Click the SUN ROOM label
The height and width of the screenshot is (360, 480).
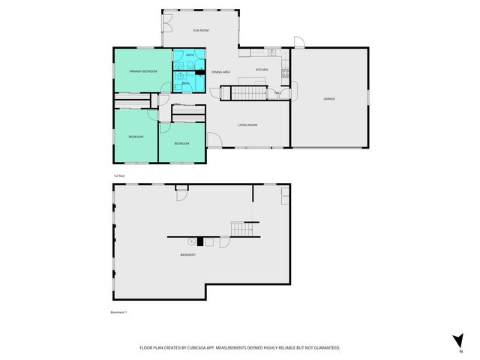pos(200,30)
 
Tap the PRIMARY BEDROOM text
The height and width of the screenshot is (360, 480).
pos(142,70)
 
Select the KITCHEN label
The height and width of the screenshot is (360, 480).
pos(262,70)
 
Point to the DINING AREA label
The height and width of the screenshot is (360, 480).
pos(220,72)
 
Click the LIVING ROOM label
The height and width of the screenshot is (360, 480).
pos(248,124)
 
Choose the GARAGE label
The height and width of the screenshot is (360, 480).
pos(328,98)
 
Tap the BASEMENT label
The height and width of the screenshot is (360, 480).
pos(187,255)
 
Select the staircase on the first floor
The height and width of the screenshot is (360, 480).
pos(248,93)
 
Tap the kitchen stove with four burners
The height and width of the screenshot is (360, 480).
pos(285,73)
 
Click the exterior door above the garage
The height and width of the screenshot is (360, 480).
pos(298,42)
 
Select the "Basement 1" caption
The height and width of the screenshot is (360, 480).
pos(119,312)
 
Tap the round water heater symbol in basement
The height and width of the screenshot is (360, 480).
pos(192,241)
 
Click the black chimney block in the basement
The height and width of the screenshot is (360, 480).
pos(199,241)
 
